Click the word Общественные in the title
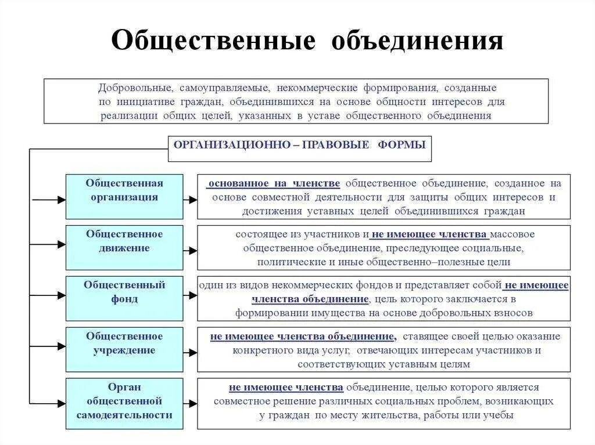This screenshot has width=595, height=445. pyautogui.click(x=214, y=41)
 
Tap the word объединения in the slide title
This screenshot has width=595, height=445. pyautogui.click(x=417, y=41)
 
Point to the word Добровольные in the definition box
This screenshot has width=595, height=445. pyautogui.click(x=135, y=88)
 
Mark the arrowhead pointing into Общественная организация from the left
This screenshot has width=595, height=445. pyautogui.click(x=61, y=200)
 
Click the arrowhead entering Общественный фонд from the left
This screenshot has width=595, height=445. pyautogui.click(x=61, y=295)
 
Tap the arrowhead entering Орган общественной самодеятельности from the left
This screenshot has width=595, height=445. pyautogui.click(x=61, y=403)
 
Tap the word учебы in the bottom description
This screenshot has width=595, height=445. pyautogui.click(x=501, y=415)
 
